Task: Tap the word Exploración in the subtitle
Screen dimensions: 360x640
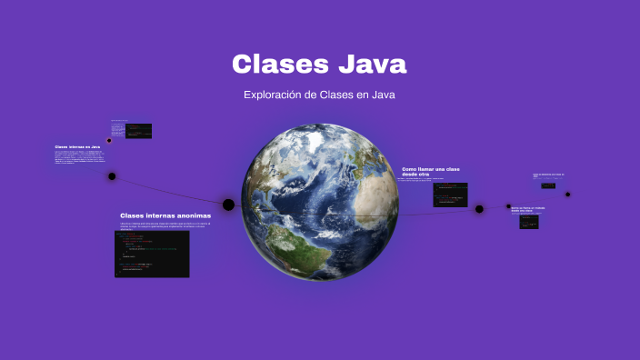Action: point(272,95)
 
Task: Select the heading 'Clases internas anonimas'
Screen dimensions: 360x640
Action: point(165,215)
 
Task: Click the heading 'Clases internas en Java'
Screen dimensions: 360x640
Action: point(77,146)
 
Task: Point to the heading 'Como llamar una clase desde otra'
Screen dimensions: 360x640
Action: point(431,171)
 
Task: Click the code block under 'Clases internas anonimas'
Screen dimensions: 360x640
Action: point(152,253)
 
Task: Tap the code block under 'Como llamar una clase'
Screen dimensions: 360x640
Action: point(449,195)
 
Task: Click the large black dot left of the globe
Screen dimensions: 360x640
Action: point(229,205)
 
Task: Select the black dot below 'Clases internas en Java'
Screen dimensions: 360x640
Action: point(112,176)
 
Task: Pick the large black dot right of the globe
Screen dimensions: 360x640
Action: point(479,209)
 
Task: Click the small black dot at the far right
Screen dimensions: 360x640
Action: point(567,194)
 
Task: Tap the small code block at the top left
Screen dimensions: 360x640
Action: point(138,131)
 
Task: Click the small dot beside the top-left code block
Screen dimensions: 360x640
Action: point(109,140)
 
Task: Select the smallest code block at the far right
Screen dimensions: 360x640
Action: point(548,185)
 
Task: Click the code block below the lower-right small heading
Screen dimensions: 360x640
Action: point(529,221)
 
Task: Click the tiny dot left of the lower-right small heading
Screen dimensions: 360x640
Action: point(508,207)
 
